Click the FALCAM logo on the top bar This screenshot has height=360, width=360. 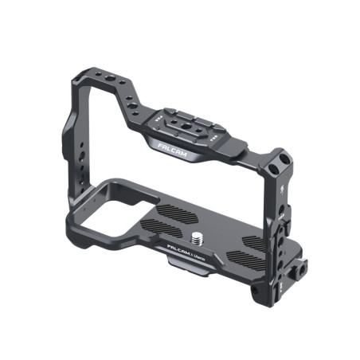[170, 149]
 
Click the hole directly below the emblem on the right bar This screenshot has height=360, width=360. [284, 213]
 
